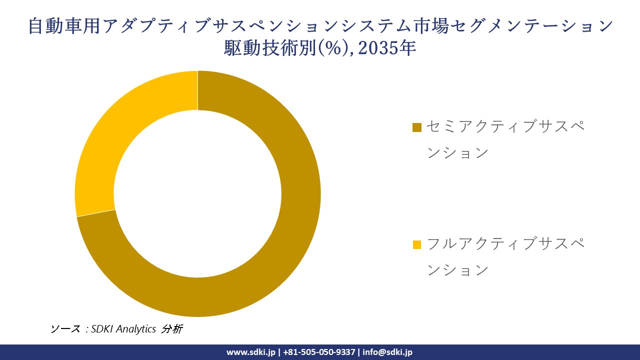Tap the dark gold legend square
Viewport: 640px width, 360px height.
click(417, 127)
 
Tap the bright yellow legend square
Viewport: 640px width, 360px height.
click(417, 245)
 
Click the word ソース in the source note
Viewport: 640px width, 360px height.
click(65, 329)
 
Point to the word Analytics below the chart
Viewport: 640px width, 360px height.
click(136, 329)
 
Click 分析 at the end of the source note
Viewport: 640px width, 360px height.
click(172, 329)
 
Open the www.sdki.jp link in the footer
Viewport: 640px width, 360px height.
click(250, 352)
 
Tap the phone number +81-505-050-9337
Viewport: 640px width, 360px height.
click(319, 352)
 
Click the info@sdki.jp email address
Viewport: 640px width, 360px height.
click(387, 352)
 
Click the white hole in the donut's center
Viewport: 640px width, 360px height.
click(197, 194)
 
